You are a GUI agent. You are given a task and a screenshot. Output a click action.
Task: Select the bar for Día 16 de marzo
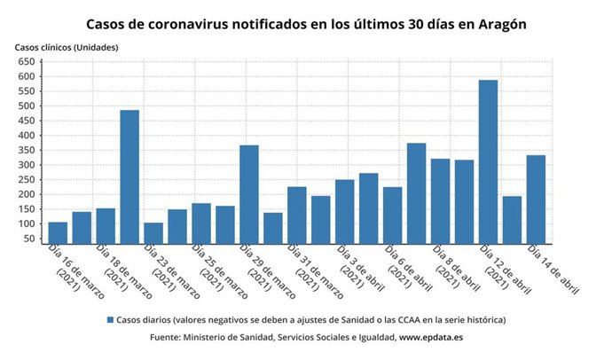58,232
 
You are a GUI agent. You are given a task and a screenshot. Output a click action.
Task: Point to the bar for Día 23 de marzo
153,232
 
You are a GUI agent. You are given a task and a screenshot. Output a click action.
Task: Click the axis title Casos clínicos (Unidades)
67,46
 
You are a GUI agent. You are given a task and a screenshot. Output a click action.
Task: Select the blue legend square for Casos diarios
110,319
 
